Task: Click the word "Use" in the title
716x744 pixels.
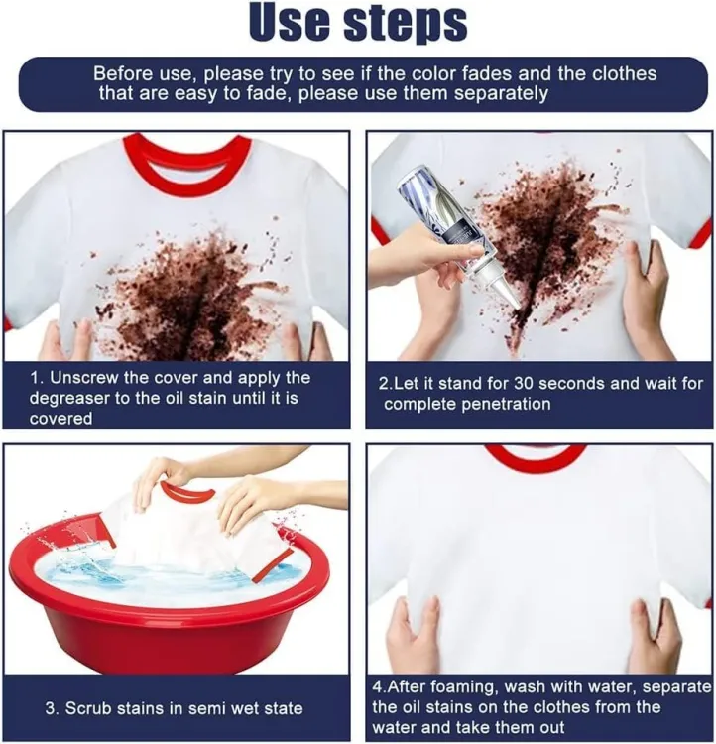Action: click(296, 24)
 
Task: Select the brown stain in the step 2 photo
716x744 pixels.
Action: click(555, 238)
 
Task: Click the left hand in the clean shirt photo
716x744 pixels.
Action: click(412, 635)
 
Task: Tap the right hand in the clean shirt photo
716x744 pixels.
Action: click(655, 635)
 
